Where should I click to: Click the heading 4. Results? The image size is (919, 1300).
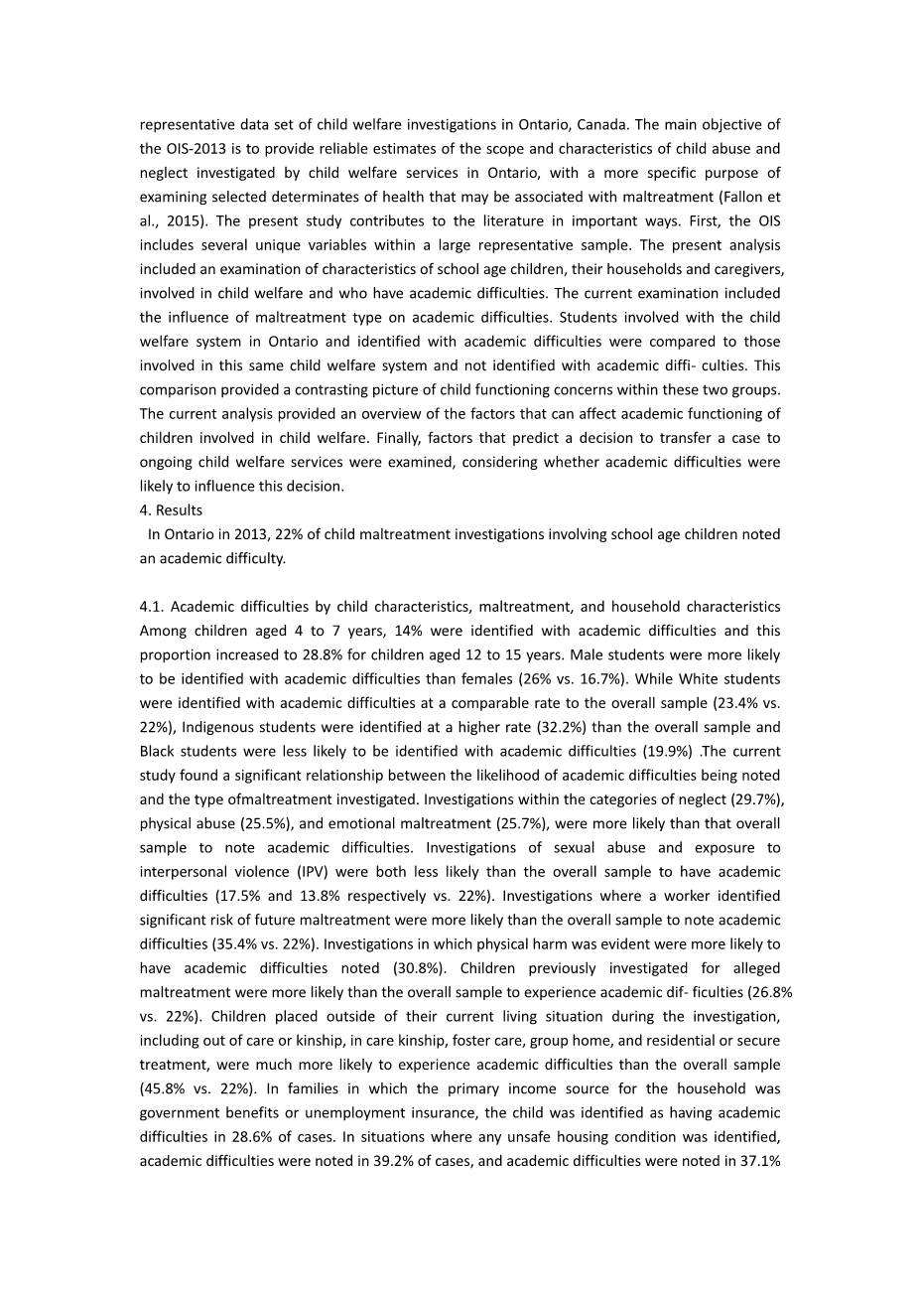tap(171, 510)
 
